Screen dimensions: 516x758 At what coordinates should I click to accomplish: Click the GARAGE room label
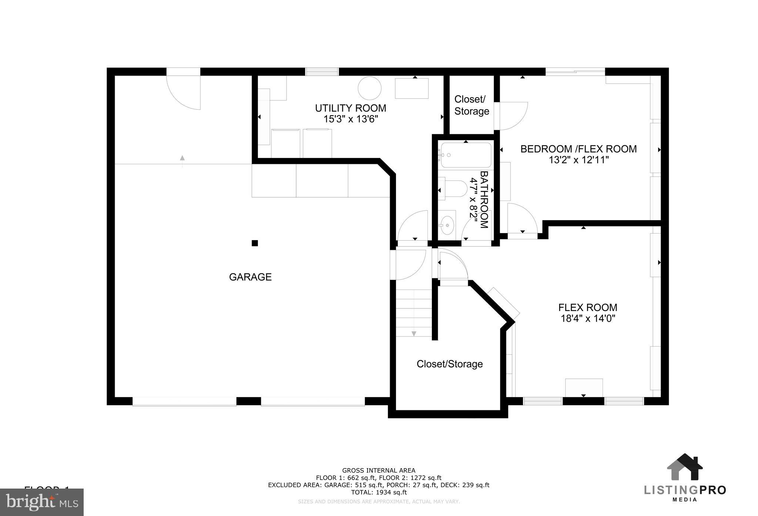tap(250, 277)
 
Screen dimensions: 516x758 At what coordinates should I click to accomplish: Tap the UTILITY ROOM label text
tap(350, 108)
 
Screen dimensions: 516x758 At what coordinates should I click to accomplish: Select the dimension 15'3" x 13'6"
tap(350, 119)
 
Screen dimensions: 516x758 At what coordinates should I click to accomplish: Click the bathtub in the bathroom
tap(466, 155)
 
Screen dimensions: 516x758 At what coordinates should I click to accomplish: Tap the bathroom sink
tap(448, 224)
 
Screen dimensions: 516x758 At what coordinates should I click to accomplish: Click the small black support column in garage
tap(255, 243)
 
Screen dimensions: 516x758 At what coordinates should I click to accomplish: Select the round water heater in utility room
tap(369, 88)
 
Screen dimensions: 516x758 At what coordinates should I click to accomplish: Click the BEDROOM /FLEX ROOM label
tap(578, 149)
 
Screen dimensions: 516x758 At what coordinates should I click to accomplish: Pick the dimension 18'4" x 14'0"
tap(587, 318)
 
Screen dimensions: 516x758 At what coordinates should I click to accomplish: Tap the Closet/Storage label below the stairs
tap(449, 364)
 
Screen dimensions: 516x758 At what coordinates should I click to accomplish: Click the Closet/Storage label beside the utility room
tap(472, 105)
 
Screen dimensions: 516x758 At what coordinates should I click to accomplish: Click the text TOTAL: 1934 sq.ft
tap(379, 492)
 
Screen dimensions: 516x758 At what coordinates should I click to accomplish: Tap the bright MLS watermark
tap(41, 502)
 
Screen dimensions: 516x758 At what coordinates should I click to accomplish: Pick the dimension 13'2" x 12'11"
tap(578, 160)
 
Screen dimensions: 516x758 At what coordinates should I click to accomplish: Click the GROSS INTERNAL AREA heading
tap(379, 471)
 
